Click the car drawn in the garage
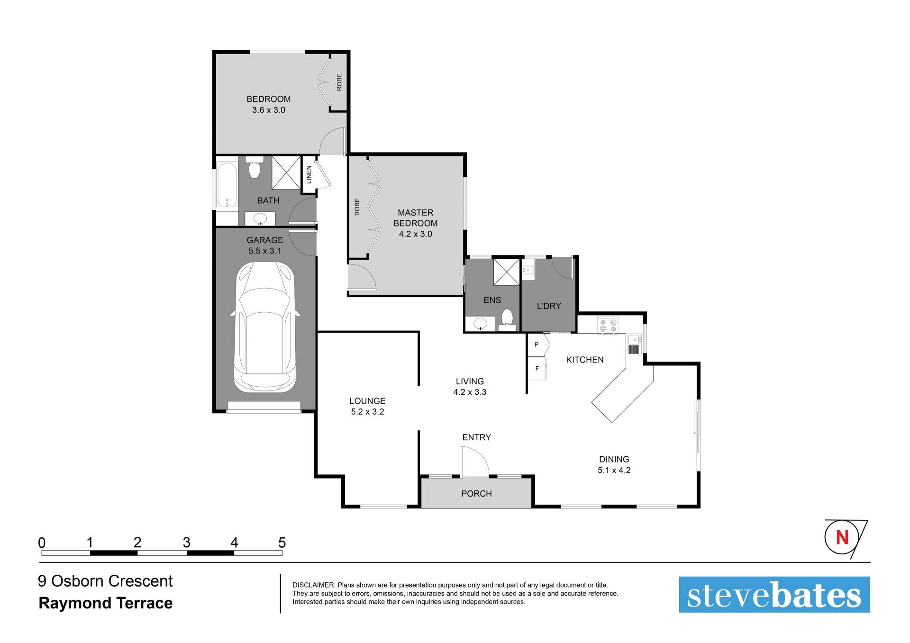click(264, 327)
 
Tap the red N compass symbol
click(842, 537)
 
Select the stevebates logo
click(774, 595)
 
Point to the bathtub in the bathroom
click(227, 185)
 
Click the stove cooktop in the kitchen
click(608, 325)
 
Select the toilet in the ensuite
click(507, 320)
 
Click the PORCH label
click(476, 494)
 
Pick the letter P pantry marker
click(537, 344)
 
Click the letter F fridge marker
click(537, 368)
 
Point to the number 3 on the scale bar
click(186, 542)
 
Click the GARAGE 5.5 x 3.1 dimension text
click(265, 251)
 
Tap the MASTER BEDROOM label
click(416, 218)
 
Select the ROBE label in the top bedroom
click(339, 82)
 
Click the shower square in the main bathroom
click(286, 172)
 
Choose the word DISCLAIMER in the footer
click(313, 585)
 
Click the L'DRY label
click(549, 306)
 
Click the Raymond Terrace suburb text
click(106, 603)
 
